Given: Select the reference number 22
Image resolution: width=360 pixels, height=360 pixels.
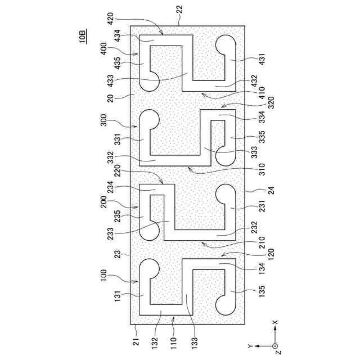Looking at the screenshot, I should pos(178,18).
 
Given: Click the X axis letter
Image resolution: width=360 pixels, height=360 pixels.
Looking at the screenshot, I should pos(275,323).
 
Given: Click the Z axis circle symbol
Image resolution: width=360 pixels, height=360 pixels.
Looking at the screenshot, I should pos(275,345).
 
